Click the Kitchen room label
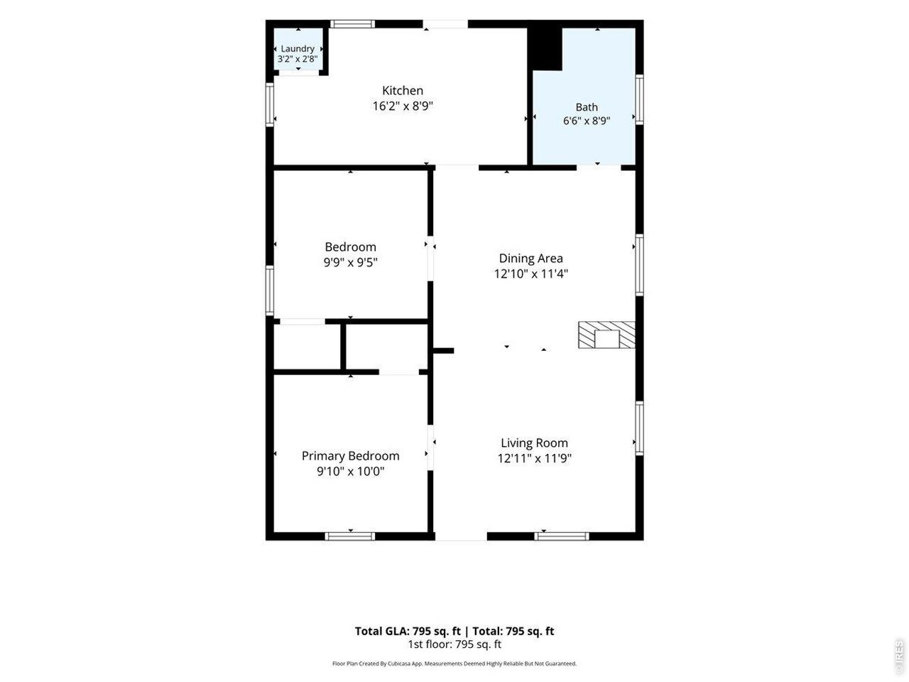[x=402, y=90]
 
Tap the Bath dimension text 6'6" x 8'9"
[x=586, y=121]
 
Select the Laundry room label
[x=298, y=49]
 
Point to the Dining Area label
[x=530, y=259]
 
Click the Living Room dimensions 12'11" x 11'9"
[x=534, y=458]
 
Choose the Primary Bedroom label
[x=350, y=456]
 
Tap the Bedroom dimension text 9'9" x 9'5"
[x=350, y=263]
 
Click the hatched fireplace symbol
[x=606, y=335]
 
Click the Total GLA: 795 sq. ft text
[x=408, y=631]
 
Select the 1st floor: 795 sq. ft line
[x=454, y=644]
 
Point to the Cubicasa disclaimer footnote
[x=454, y=664]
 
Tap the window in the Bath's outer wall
[x=639, y=99]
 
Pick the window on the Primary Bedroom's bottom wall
[x=350, y=536]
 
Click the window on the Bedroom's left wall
[x=270, y=291]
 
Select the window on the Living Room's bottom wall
[x=562, y=536]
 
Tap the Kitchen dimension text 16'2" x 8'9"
[x=403, y=106]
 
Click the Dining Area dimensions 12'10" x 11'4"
[x=531, y=274]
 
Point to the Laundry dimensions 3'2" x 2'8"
[x=298, y=59]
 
